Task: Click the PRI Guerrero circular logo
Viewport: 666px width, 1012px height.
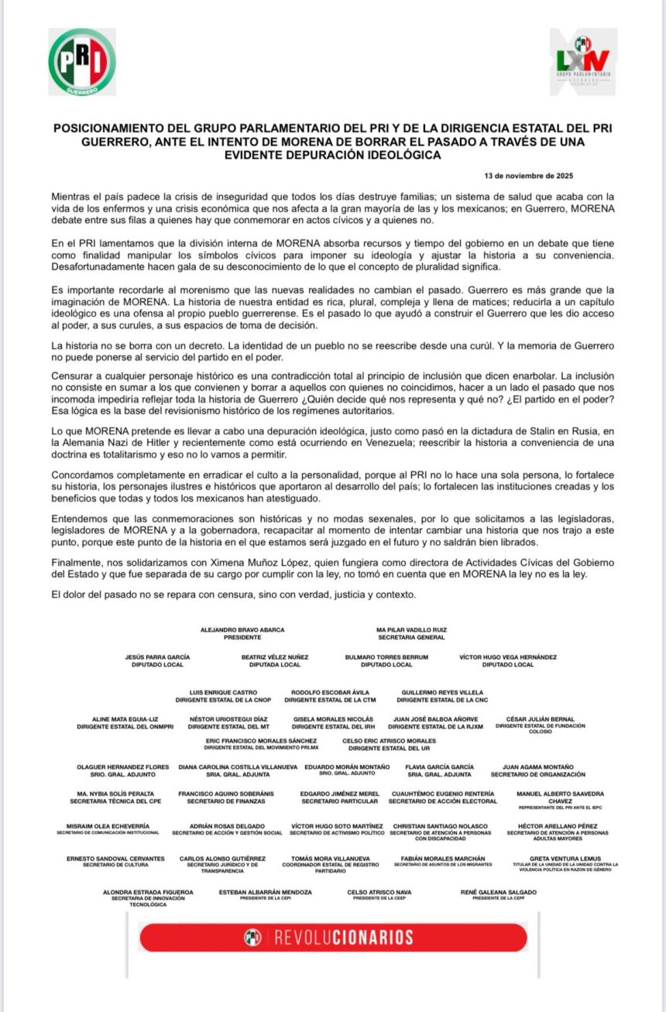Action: pyautogui.click(x=81, y=62)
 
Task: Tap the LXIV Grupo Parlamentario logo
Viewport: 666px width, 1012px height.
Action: pyautogui.click(x=583, y=62)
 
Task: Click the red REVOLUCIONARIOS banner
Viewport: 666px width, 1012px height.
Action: pyautogui.click(x=332, y=937)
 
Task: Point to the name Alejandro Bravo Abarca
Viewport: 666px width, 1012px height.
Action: pyautogui.click(x=242, y=630)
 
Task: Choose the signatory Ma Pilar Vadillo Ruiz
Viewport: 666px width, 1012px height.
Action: pyautogui.click(x=411, y=630)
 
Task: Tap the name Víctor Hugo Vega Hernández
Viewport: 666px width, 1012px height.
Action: pyautogui.click(x=507, y=657)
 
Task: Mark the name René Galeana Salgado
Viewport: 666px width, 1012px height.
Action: pyautogui.click(x=498, y=892)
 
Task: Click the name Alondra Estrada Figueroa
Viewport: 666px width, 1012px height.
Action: pyautogui.click(x=148, y=892)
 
